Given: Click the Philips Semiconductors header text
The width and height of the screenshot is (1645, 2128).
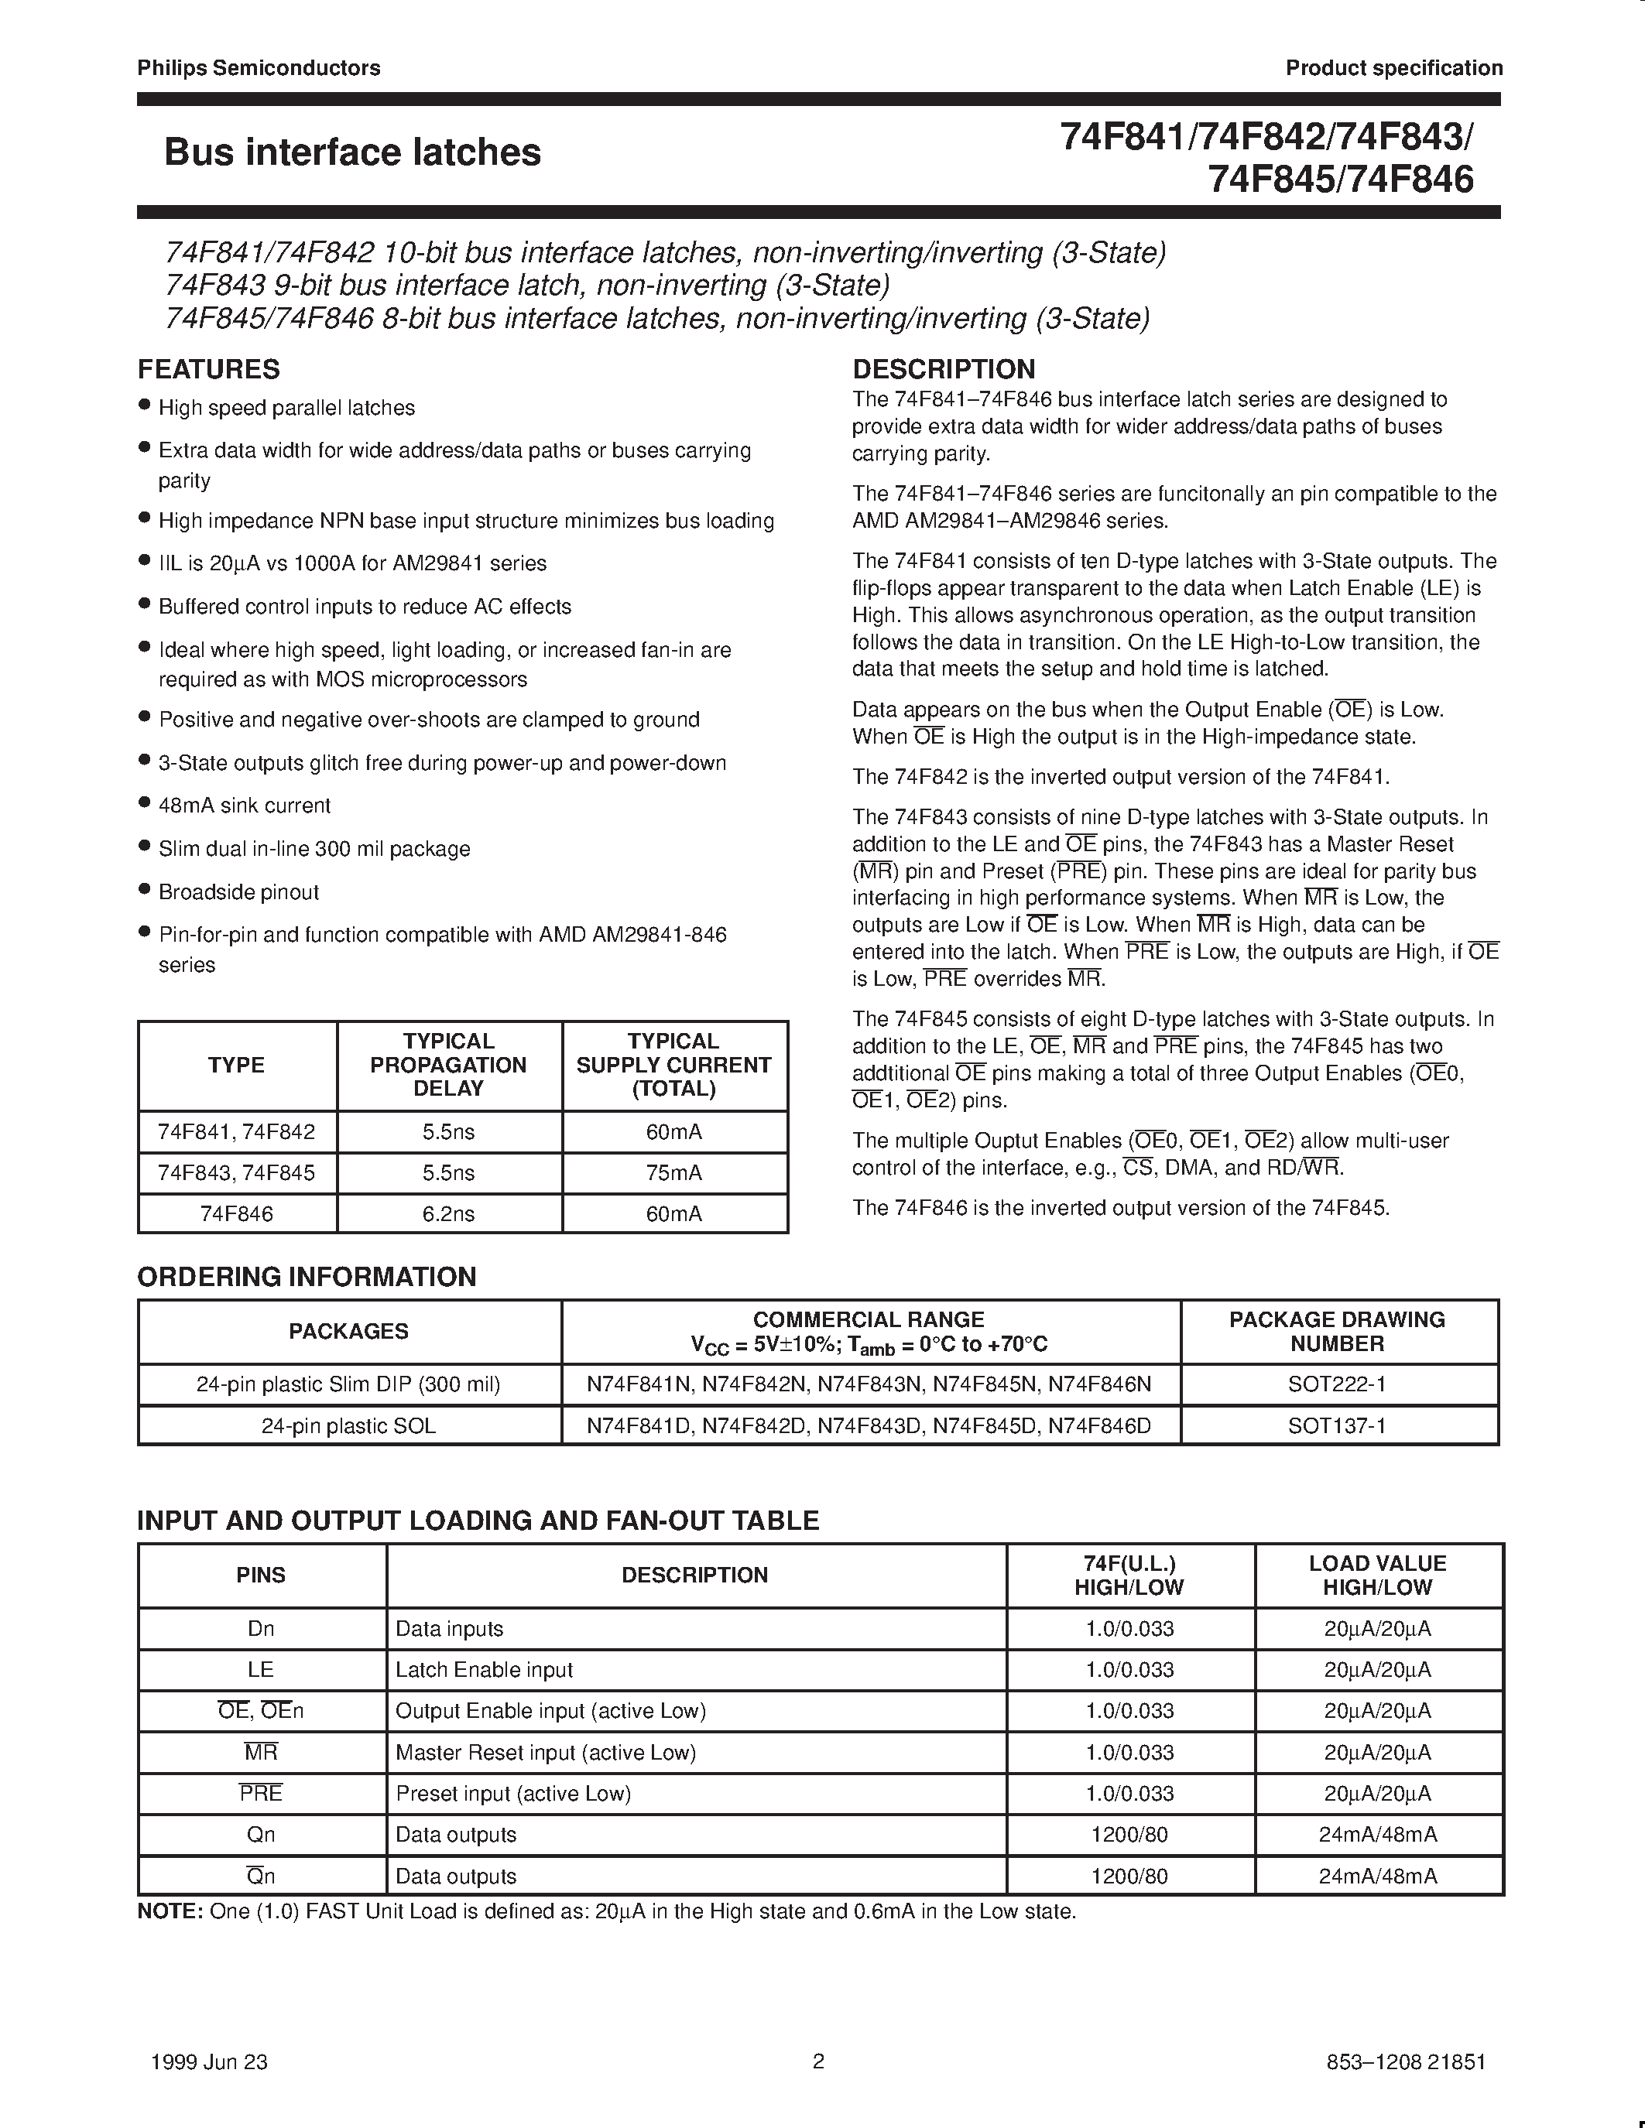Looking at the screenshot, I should click(x=259, y=67).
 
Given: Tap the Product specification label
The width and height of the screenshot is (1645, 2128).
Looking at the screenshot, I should click(x=1393, y=67).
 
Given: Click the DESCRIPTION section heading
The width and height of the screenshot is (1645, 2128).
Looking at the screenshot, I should click(x=944, y=369).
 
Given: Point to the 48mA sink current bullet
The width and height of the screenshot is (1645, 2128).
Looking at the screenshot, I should click(x=245, y=806).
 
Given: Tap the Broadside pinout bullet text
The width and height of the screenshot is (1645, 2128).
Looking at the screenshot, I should click(x=238, y=891).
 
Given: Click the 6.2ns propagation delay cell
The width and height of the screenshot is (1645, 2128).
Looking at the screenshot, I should click(x=448, y=1214).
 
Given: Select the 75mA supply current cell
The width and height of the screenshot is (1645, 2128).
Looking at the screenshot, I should click(x=673, y=1173).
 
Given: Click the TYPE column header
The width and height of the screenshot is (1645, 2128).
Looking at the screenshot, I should click(x=236, y=1065).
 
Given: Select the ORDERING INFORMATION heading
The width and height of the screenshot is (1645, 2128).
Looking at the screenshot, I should click(x=307, y=1276).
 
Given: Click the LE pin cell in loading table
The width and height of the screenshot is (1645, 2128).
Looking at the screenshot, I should click(x=260, y=1670).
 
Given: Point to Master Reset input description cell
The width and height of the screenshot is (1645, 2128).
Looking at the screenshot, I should click(x=546, y=1753).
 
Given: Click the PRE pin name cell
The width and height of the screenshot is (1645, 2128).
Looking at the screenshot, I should click(x=260, y=1794).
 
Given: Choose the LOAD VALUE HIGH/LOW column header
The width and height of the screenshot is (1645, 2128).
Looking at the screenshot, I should click(x=1377, y=1575).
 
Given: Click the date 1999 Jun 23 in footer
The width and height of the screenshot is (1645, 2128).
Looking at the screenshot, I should click(x=210, y=2061).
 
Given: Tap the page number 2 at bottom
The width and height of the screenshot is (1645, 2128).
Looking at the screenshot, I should click(x=818, y=2061).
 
